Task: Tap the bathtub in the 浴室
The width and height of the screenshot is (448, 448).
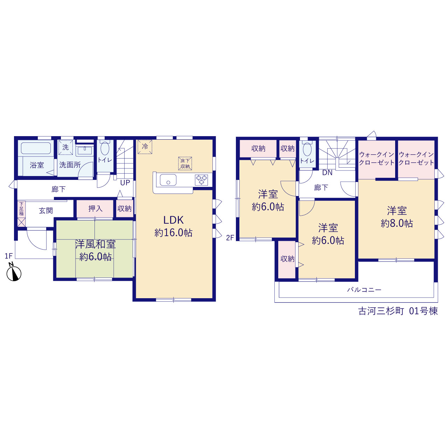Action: click(36, 148)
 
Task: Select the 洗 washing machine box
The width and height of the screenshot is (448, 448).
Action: click(65, 147)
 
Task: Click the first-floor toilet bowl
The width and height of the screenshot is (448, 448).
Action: click(105, 148)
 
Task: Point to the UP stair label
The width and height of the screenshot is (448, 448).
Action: click(125, 183)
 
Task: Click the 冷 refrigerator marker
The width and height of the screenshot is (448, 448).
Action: click(145, 146)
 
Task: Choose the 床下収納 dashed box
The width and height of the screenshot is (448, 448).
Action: click(185, 163)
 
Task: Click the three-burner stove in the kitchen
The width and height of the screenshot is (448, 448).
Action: click(201, 180)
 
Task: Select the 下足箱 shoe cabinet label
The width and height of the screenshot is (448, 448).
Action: click(21, 209)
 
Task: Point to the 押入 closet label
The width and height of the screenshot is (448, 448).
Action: click(95, 209)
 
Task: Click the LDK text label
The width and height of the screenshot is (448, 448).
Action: click(174, 220)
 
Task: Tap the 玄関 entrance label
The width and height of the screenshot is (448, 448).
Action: click(46, 211)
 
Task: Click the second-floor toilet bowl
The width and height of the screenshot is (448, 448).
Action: click(307, 149)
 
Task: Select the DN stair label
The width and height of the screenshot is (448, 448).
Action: click(327, 173)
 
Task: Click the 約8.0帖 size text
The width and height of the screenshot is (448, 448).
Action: click(397, 223)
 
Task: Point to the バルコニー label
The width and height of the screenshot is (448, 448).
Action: click(364, 290)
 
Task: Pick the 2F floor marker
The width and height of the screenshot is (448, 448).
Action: click(230, 238)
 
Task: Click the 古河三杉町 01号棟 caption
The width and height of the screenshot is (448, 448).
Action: click(398, 311)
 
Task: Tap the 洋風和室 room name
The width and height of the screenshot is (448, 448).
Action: click(95, 244)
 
